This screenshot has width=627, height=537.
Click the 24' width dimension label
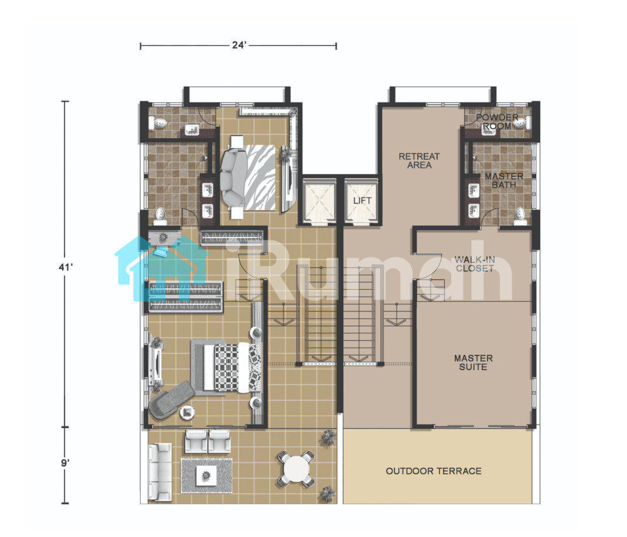(238, 45)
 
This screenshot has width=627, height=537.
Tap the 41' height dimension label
(66, 267)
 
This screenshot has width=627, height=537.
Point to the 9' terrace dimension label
(65, 463)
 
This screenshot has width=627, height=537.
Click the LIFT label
(362, 201)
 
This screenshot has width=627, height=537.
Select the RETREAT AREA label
(419, 160)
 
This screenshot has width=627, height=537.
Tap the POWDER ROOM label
(497, 122)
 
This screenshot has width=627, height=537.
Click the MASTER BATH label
(504, 180)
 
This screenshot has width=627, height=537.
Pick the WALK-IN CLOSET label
(475, 264)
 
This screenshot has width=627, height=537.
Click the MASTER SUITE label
(473, 363)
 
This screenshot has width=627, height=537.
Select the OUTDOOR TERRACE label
(434, 471)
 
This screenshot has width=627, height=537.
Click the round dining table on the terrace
(295, 468)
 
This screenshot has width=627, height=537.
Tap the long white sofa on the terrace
(160, 472)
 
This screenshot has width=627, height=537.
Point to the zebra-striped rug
(260, 177)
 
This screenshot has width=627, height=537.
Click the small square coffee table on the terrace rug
(206, 476)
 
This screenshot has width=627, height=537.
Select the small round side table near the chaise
(187, 412)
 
